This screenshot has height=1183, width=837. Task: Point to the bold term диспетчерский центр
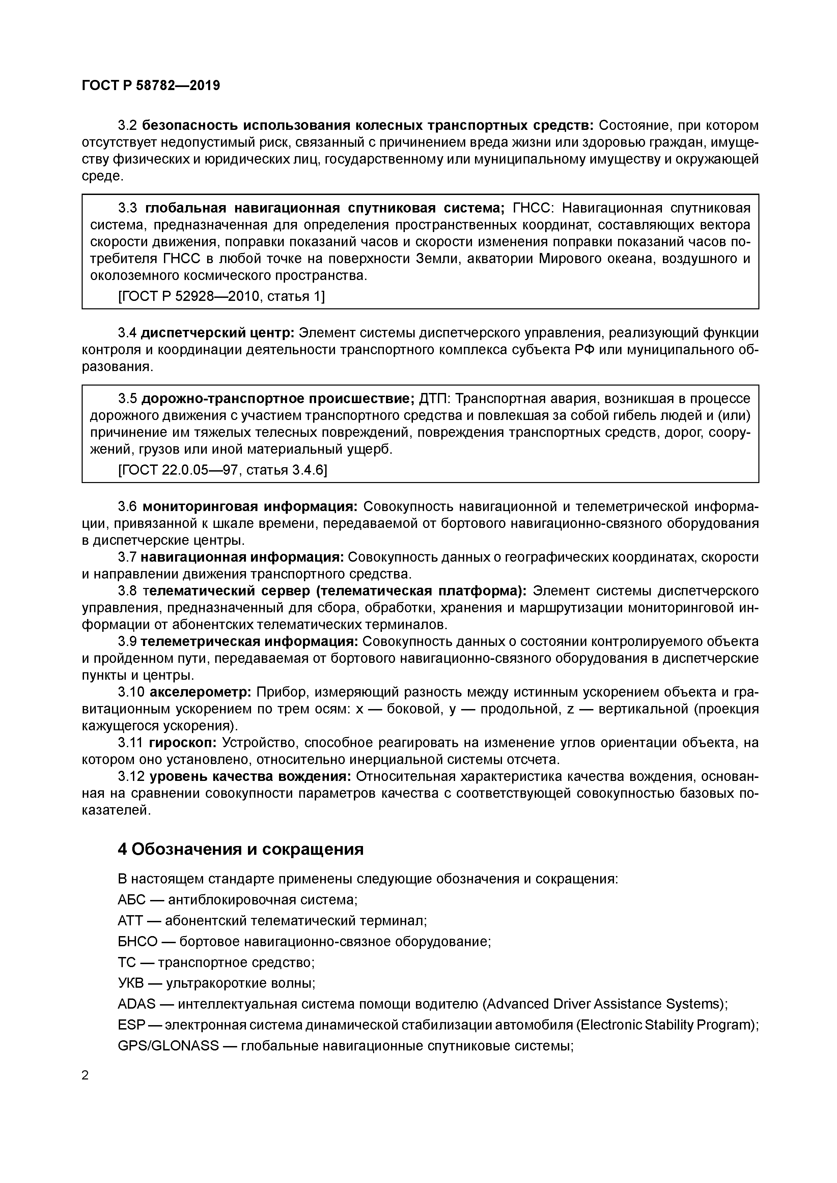pyautogui.click(x=217, y=333)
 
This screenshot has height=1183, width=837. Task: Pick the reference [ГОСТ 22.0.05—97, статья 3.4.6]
pyautogui.click(x=223, y=470)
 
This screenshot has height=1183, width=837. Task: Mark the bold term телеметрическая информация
pyautogui.click(x=249, y=642)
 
